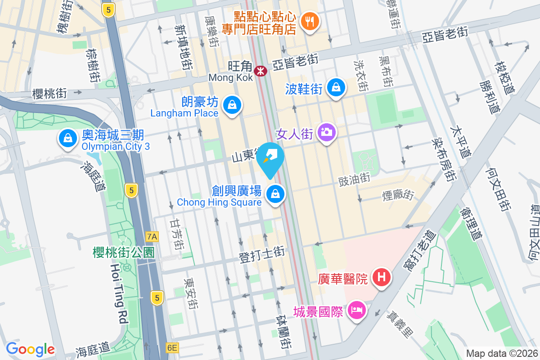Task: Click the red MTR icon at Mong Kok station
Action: (x=260, y=71)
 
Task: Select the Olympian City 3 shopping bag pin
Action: (x=67, y=138)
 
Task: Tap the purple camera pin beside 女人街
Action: (x=327, y=132)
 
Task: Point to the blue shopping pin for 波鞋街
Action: (x=336, y=87)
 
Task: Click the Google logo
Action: (x=30, y=349)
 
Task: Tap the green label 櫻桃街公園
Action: (x=124, y=252)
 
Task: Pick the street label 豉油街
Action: (x=354, y=179)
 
